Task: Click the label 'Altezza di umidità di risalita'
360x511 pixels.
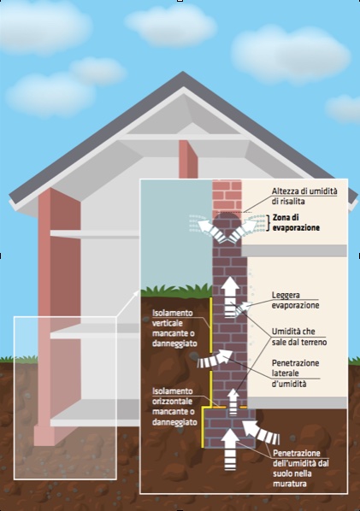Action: (x=304, y=197)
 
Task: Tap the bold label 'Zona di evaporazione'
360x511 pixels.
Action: (x=296, y=222)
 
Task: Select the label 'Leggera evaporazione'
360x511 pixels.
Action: (x=295, y=300)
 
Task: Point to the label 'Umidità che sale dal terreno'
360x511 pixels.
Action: (x=299, y=337)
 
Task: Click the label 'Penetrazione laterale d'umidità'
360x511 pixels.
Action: (x=295, y=373)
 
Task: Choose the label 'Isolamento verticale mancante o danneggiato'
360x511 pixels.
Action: (x=174, y=328)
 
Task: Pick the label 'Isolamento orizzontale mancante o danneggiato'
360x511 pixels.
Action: (x=174, y=407)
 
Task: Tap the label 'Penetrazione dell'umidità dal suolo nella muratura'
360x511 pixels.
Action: (x=301, y=468)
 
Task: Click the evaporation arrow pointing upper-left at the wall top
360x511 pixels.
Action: (x=210, y=231)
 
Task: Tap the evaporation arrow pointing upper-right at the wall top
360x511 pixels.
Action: (x=244, y=231)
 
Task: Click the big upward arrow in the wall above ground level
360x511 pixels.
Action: (x=231, y=297)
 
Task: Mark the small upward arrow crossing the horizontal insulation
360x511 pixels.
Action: (x=233, y=402)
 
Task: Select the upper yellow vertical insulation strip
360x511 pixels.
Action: (x=210, y=326)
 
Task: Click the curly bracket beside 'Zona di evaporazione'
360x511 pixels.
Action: (x=269, y=223)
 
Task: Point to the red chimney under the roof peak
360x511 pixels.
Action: (x=188, y=160)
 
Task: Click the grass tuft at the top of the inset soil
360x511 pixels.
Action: (x=176, y=291)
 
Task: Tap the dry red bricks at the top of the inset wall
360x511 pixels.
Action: (x=227, y=197)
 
